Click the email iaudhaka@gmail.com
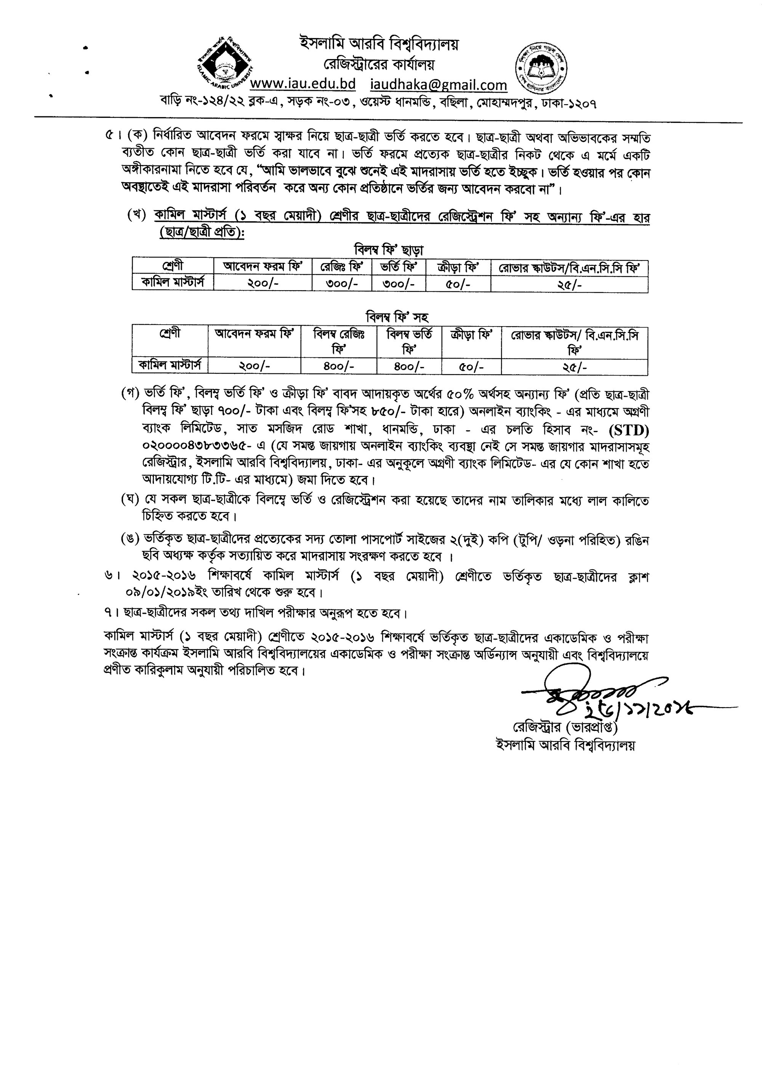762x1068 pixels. coord(438,85)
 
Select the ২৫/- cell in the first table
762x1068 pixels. coord(570,285)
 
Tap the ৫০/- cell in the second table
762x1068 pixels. coord(472,366)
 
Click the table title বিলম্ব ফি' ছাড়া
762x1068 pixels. coord(389,249)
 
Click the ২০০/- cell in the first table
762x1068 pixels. coord(263,284)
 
